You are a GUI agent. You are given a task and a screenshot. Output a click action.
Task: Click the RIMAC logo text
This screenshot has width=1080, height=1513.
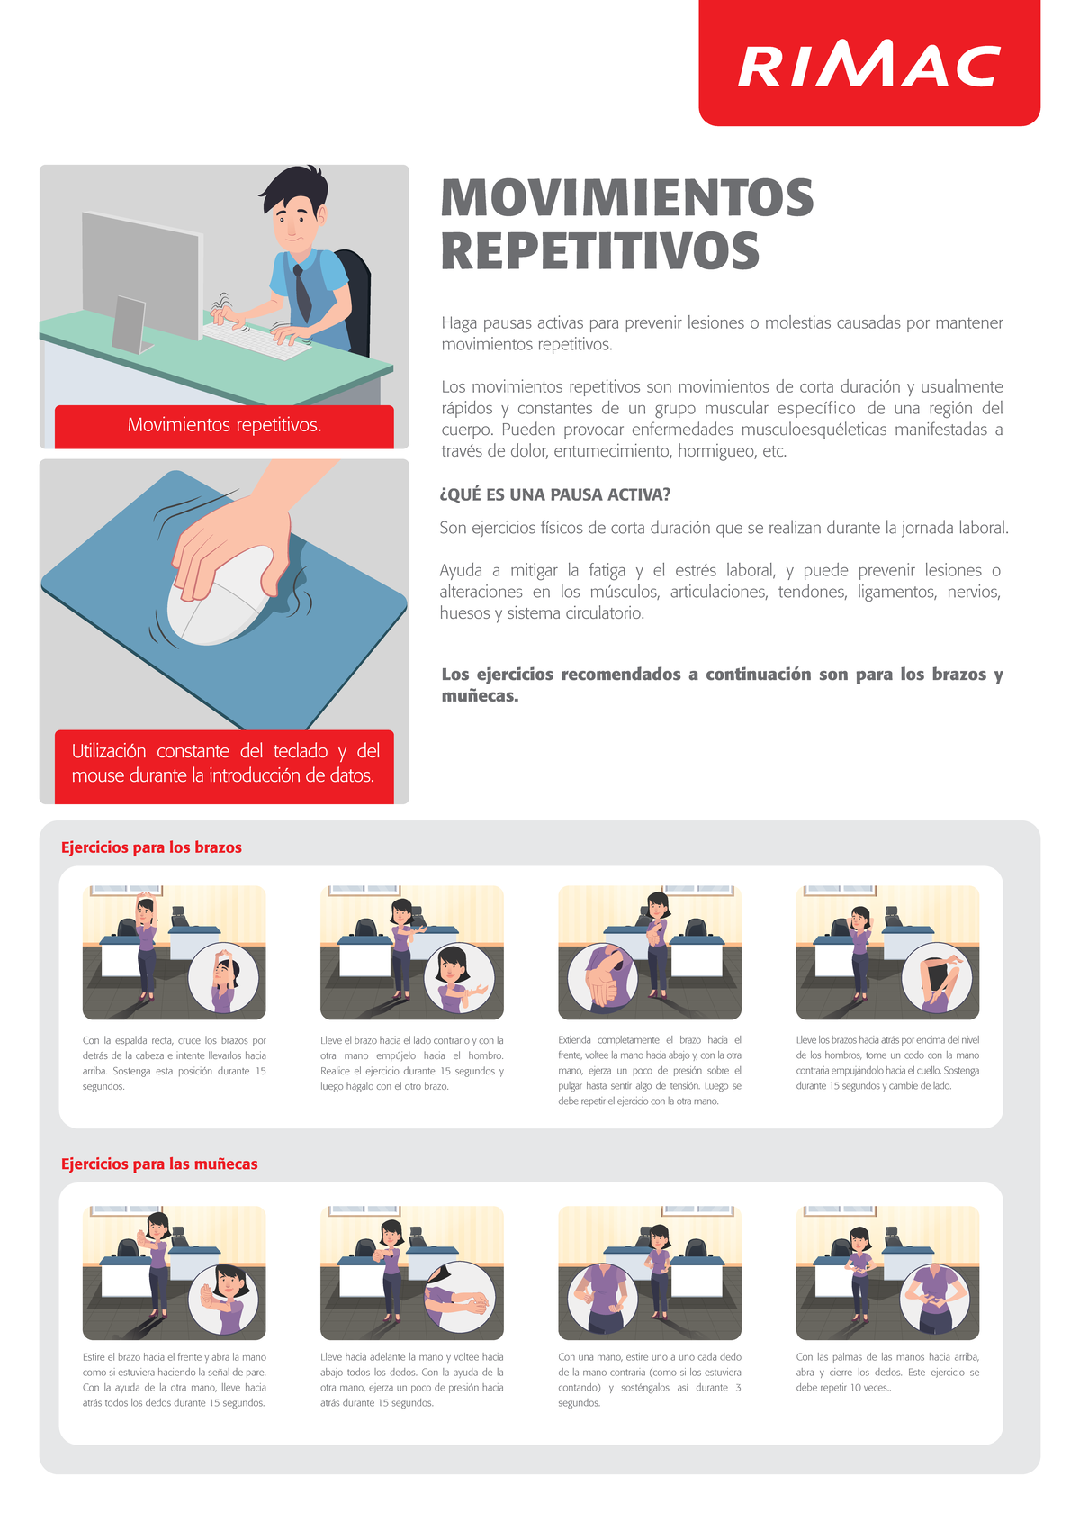tap(868, 66)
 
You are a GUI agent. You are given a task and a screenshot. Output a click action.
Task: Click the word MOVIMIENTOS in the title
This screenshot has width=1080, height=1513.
tap(627, 198)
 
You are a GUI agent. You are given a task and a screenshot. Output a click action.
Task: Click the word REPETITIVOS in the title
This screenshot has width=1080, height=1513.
tap(600, 251)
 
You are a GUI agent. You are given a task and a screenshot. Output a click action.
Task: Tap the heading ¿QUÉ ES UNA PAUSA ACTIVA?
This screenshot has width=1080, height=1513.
tap(555, 494)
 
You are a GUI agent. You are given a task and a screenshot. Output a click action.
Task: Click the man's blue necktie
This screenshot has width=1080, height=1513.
tap(303, 294)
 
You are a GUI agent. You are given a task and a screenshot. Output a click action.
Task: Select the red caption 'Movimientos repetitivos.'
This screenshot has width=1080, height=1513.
tap(224, 425)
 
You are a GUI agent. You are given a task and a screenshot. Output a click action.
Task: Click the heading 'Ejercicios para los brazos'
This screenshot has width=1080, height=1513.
tap(151, 847)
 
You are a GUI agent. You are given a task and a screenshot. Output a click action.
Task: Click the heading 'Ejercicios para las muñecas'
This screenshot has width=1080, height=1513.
tap(159, 1164)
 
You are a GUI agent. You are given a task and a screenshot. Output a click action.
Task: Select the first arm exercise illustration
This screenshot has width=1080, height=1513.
tap(174, 952)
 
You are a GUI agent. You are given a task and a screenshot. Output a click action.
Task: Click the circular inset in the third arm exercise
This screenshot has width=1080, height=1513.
tap(603, 980)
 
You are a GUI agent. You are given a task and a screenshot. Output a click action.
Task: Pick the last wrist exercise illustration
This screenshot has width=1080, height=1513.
tap(887, 1273)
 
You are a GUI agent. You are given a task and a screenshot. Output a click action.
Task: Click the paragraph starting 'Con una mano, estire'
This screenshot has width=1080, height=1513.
tap(649, 1379)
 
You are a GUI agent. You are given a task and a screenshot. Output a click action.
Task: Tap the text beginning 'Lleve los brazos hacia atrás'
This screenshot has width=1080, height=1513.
tap(887, 1063)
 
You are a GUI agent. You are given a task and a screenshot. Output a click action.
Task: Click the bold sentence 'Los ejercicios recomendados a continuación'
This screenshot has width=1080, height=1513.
tap(722, 684)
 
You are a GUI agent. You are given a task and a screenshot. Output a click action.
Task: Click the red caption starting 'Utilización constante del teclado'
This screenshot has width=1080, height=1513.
tap(224, 763)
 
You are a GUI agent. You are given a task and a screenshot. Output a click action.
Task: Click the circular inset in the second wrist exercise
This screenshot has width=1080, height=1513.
tap(458, 1297)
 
